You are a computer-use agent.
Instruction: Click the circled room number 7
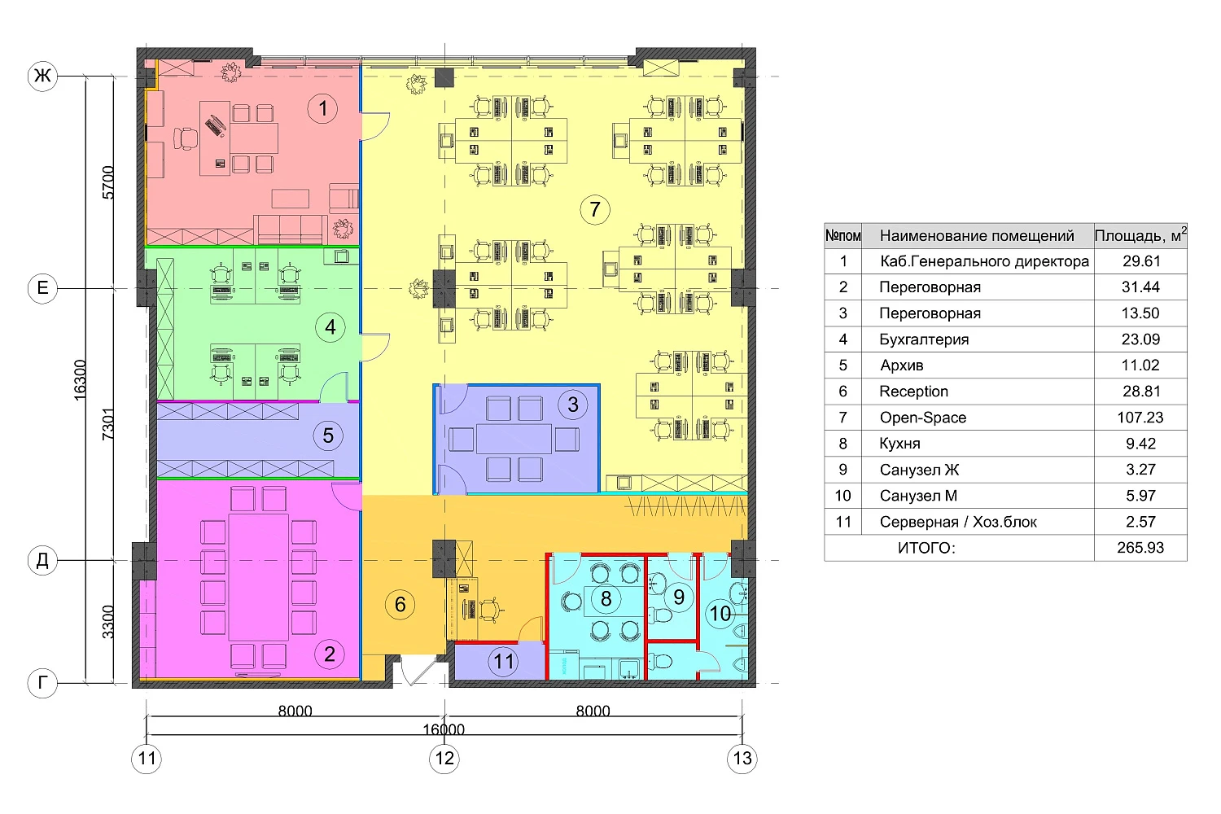click(595, 209)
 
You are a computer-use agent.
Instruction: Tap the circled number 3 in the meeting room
click(573, 404)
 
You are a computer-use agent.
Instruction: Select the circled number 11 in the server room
click(503, 661)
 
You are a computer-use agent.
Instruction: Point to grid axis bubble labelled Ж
click(42, 76)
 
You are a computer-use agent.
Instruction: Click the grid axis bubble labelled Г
click(42, 683)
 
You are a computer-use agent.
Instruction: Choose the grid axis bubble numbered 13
click(742, 758)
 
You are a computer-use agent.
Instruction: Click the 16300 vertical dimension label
click(80, 380)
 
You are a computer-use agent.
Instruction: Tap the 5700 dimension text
click(108, 182)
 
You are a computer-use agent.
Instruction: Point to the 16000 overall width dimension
click(444, 729)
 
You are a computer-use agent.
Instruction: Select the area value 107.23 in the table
click(1140, 417)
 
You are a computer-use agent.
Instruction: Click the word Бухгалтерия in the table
click(924, 339)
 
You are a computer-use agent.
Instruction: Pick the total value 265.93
click(1140, 547)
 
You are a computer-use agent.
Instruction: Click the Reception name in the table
click(913, 392)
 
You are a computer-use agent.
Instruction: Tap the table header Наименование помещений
click(977, 235)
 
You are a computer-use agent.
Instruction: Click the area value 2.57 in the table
click(1141, 522)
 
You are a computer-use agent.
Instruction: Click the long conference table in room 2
click(258, 577)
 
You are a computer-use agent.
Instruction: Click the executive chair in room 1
click(186, 138)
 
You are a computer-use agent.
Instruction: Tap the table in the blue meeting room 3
click(514, 439)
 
